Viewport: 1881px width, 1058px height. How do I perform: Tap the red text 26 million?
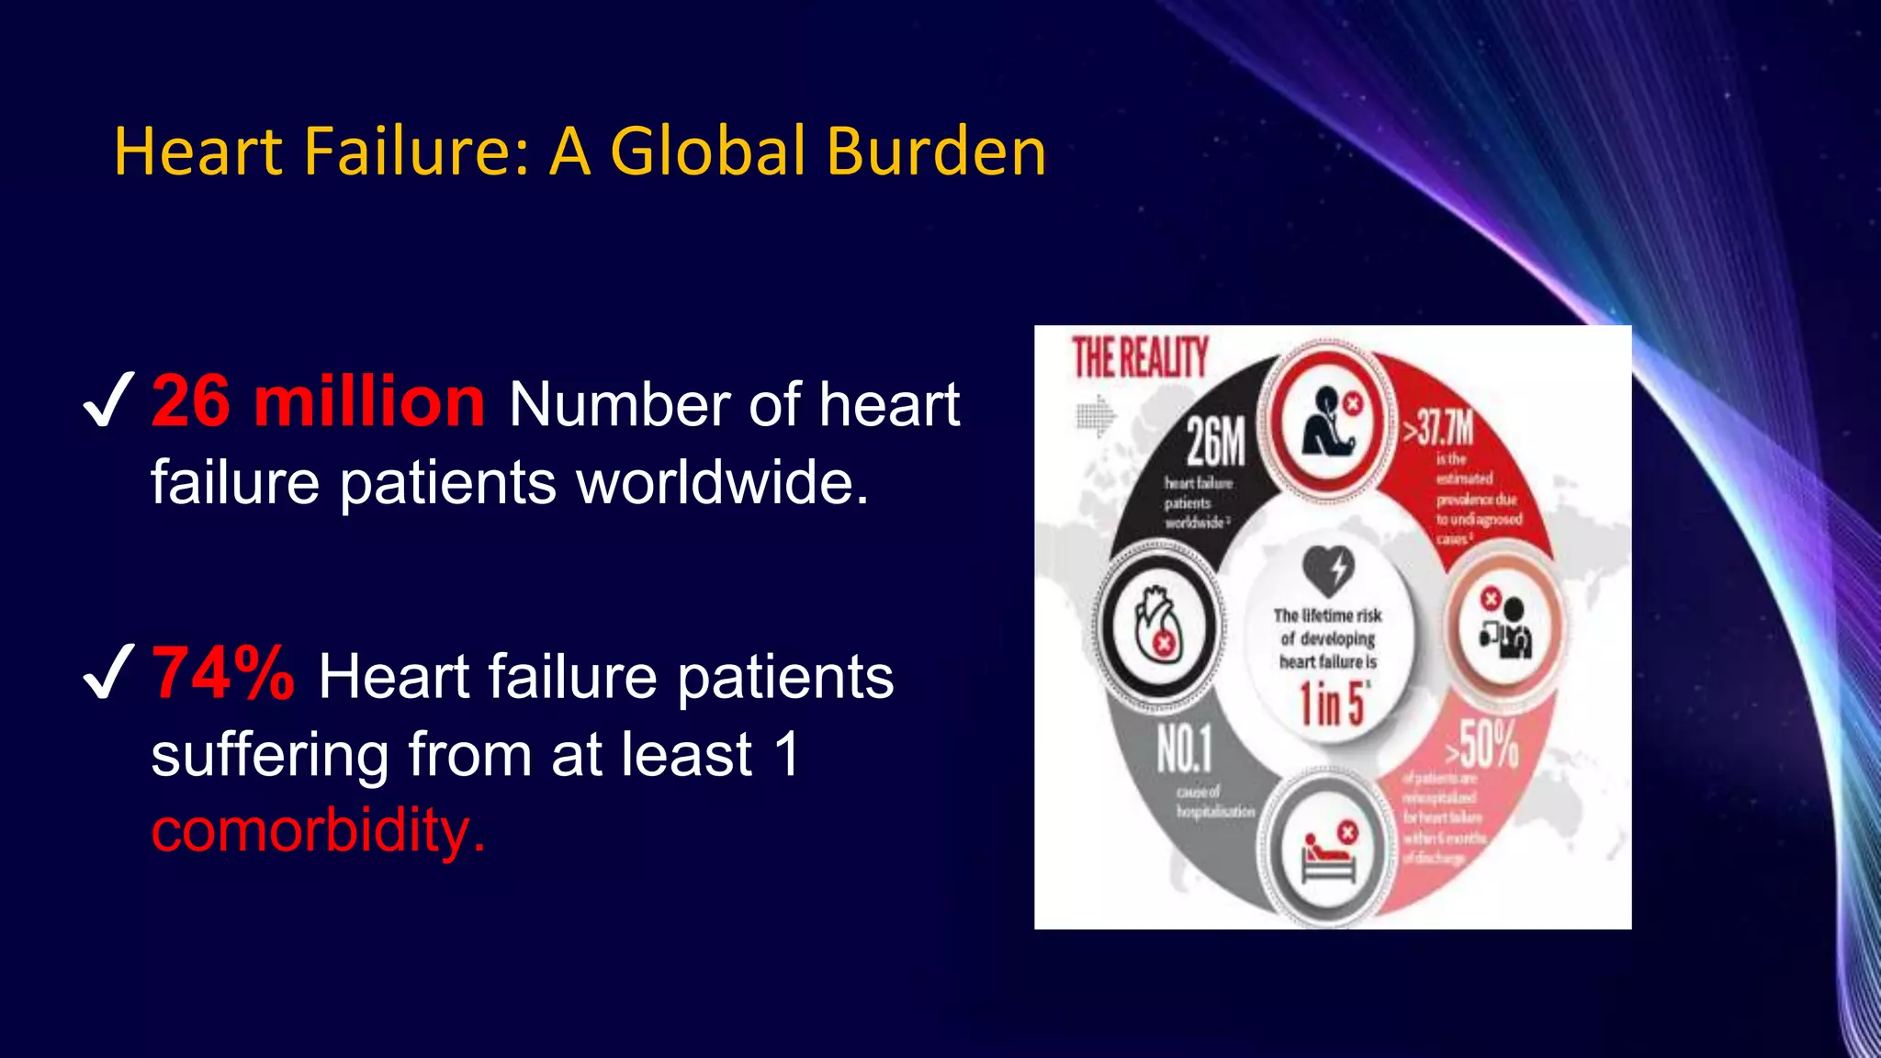click(x=318, y=402)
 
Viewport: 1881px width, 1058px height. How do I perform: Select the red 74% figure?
click(x=223, y=674)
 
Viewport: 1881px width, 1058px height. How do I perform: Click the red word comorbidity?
click(x=318, y=830)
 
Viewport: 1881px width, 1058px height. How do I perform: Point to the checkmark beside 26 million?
click(x=108, y=400)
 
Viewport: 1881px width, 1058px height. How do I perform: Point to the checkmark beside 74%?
click(x=108, y=672)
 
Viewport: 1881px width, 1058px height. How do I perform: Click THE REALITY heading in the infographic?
click(x=1140, y=357)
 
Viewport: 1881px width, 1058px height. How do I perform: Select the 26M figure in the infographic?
click(x=1215, y=442)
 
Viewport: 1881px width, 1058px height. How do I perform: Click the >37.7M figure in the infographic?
click(x=1438, y=428)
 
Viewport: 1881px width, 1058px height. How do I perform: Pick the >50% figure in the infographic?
click(x=1482, y=744)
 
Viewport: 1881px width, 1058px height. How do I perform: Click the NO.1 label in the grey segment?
click(x=1184, y=748)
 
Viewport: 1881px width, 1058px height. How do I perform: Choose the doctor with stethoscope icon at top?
click(x=1328, y=423)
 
